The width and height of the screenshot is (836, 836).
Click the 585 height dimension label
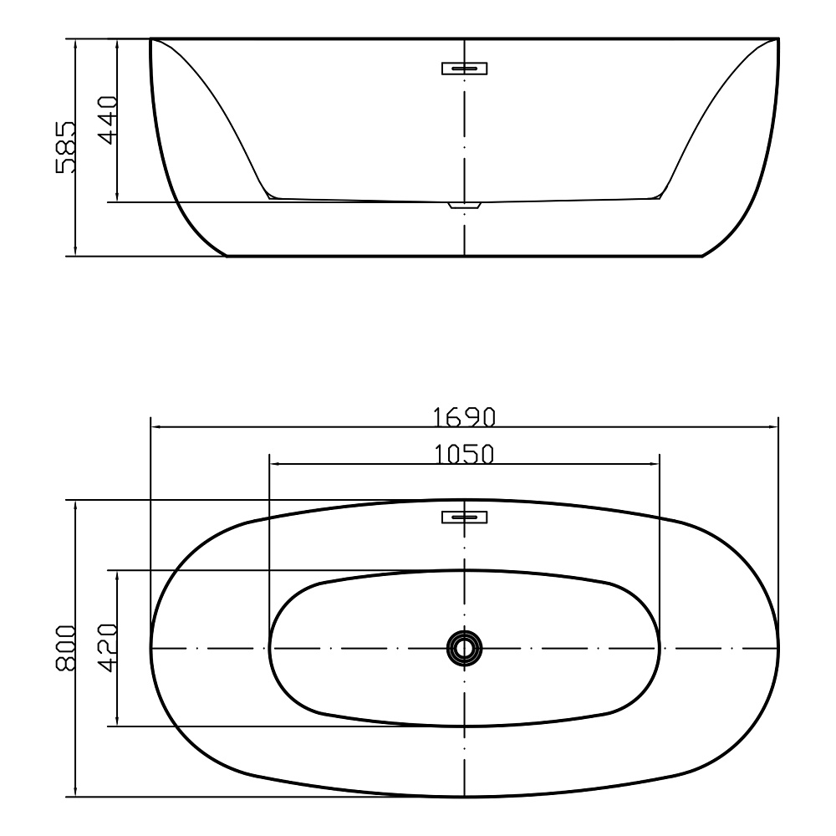(x=65, y=147)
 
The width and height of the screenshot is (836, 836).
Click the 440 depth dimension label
(x=108, y=120)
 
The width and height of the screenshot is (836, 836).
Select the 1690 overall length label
(x=463, y=417)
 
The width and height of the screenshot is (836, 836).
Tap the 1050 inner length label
(x=463, y=454)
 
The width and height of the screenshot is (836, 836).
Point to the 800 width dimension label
(x=66, y=648)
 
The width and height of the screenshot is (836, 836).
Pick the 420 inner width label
(x=108, y=648)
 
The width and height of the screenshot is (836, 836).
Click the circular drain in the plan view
(x=464, y=649)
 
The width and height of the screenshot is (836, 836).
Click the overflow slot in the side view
(x=464, y=69)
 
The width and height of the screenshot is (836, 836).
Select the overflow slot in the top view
(x=464, y=517)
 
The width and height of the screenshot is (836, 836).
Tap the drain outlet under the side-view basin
(x=464, y=206)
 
